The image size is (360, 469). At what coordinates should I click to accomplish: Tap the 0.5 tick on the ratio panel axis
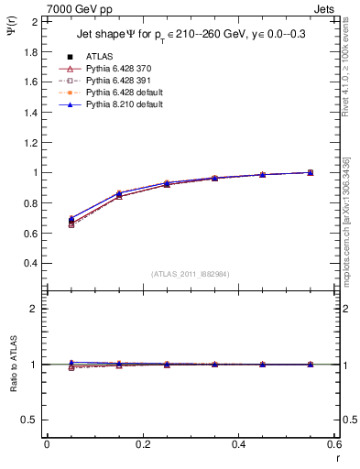click(30, 420)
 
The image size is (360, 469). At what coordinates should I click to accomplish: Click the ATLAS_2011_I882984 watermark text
click(191, 273)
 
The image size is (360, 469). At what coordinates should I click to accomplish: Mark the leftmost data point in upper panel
click(47, 221)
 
